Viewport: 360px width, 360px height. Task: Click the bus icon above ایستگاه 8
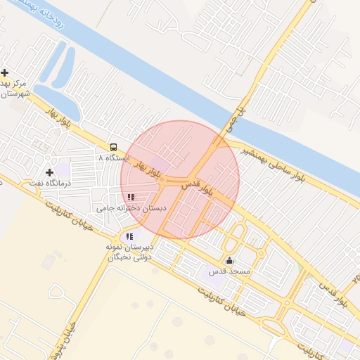pos(112,147)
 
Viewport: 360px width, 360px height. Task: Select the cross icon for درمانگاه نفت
pos(49,172)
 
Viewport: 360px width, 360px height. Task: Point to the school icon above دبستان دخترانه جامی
pos(131,198)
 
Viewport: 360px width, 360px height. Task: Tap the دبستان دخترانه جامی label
pos(131,209)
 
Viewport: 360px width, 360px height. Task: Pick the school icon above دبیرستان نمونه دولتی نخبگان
pos(129,236)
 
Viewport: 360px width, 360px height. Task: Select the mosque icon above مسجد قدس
pos(229,260)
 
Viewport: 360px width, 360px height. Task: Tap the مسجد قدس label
pos(224,271)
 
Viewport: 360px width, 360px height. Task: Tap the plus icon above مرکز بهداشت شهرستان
pos(5,72)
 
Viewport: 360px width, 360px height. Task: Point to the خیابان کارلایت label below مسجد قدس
pos(221,298)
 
